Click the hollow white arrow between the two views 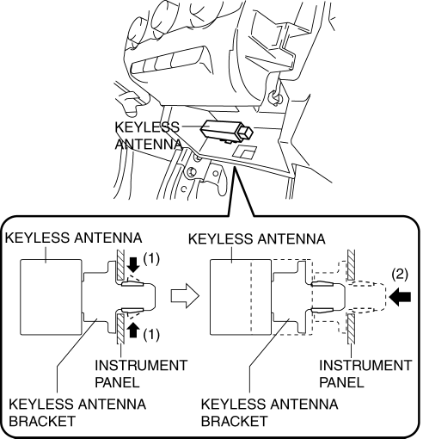point(185,296)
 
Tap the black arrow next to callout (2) point(400,297)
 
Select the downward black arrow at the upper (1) point(132,264)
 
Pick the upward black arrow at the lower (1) point(132,330)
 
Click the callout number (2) point(400,275)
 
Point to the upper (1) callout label point(151,259)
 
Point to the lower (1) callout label point(151,335)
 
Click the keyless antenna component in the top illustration point(227,131)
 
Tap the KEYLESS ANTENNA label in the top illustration point(148,135)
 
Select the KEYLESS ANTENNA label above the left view point(74,238)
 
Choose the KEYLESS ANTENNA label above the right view point(257,239)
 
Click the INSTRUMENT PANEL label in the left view point(141,374)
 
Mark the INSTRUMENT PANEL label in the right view point(365,374)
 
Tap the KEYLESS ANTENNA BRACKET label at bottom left point(77,412)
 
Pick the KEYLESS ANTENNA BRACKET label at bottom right point(269,412)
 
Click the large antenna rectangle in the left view point(51,297)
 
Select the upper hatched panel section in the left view point(120,264)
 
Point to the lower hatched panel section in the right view point(352,329)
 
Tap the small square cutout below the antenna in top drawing point(244,152)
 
